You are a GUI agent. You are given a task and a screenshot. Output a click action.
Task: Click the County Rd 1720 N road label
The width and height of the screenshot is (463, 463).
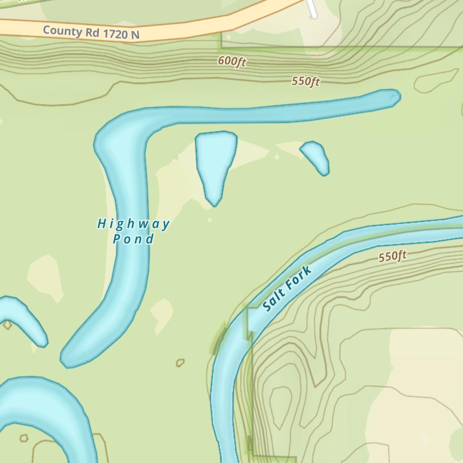91,33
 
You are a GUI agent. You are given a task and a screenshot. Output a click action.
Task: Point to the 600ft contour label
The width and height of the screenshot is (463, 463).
231,61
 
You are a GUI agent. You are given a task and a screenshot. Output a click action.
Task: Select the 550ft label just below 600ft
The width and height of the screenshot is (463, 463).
306,81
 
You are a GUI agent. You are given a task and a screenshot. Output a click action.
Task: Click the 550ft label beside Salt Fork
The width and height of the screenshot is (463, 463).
392,256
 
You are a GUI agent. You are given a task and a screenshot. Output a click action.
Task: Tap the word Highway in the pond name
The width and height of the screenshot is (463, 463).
133,225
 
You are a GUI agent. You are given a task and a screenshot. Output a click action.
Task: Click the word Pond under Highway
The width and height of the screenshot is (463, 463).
133,239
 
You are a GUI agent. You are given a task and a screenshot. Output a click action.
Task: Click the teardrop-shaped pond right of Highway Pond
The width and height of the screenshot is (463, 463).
215,162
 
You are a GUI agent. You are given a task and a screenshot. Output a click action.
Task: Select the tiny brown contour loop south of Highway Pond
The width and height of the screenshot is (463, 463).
180,363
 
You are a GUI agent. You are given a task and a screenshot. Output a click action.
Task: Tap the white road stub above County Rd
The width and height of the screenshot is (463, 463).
312,8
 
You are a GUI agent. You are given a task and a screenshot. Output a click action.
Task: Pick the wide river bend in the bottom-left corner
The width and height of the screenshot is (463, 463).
42,407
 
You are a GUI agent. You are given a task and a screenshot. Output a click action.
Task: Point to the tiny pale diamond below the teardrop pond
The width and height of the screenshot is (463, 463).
210,220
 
